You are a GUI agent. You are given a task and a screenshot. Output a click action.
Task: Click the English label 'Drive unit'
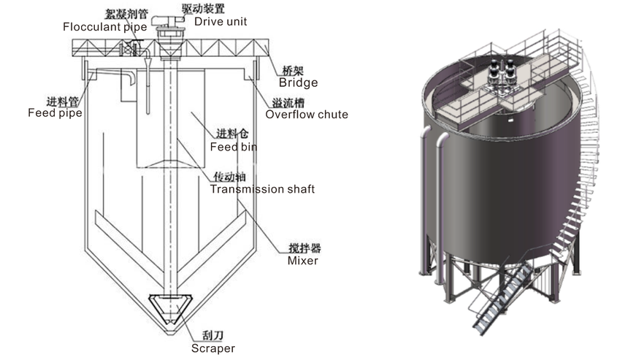click(x=221, y=21)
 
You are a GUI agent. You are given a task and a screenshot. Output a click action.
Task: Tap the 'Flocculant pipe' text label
click(x=104, y=27)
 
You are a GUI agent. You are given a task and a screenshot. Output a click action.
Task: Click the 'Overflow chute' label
click(x=307, y=114)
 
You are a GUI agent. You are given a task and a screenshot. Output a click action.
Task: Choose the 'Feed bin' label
click(x=233, y=147)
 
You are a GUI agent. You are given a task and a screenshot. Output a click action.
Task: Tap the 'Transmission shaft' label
click(x=262, y=189)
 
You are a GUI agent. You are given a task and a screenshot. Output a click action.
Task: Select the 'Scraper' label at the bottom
click(x=212, y=348)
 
